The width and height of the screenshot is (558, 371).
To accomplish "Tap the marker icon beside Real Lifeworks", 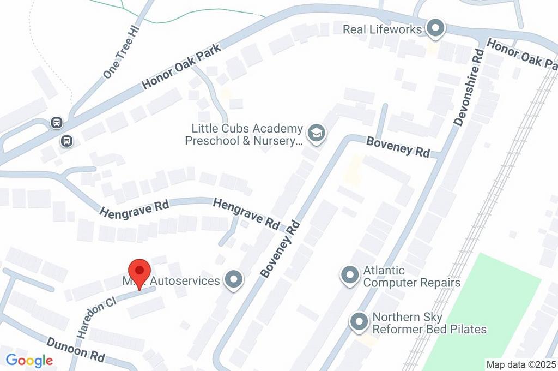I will (435, 29).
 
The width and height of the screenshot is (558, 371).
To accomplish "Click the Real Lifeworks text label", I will (382, 29).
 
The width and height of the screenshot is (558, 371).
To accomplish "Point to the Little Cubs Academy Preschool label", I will (244, 135).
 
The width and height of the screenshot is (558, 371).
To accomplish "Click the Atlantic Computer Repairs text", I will (411, 277).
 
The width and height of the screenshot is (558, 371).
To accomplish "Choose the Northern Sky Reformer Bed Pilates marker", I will (359, 322).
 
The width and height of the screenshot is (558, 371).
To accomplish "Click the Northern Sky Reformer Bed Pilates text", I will (429, 323).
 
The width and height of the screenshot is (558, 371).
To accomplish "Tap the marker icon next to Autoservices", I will (235, 280).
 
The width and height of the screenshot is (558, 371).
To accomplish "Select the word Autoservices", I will (185, 281).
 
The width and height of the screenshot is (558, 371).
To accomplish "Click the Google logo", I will (29, 361).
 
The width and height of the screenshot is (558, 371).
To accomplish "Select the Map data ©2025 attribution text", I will (521, 364).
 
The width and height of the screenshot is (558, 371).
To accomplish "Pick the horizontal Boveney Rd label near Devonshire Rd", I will (398, 147).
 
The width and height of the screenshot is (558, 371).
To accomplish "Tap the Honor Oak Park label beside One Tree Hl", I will (181, 68).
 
